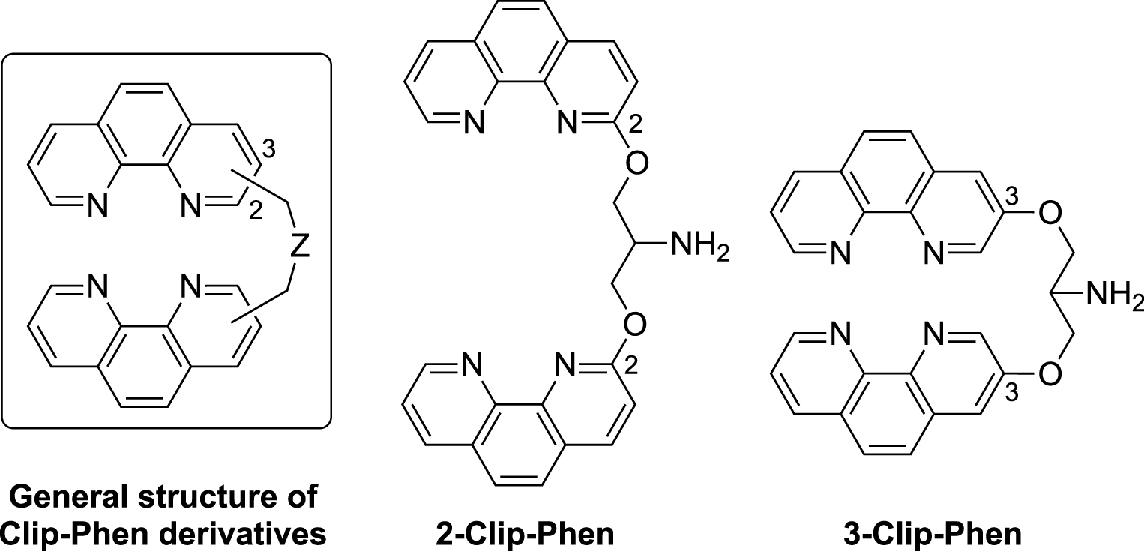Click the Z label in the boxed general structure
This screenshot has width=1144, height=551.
[300, 249]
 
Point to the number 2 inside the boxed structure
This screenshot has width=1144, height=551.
[255, 213]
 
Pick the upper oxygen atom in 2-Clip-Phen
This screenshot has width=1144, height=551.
[634, 163]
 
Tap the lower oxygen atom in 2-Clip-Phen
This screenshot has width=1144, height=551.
[634, 326]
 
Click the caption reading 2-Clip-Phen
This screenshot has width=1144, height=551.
[524, 534]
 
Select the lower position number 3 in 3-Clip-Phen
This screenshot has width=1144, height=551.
[1012, 392]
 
